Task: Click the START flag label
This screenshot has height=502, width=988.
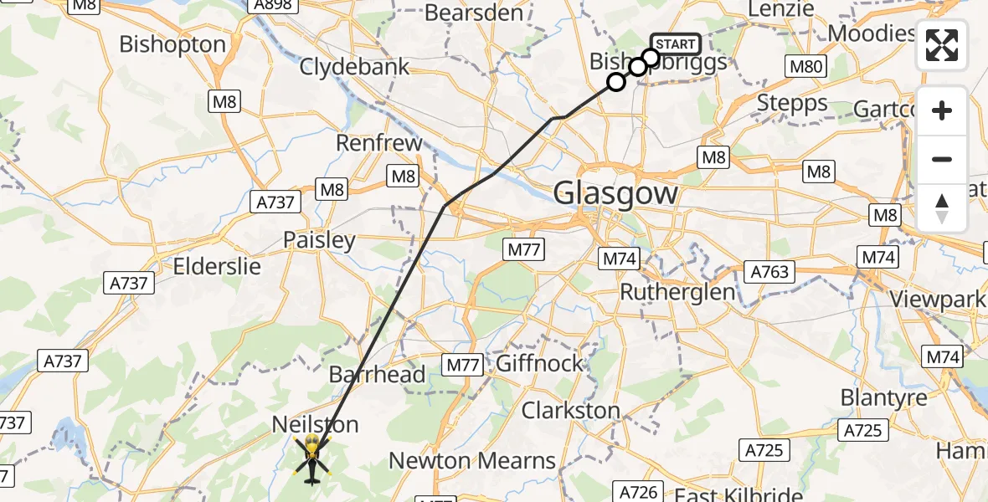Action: tap(675, 44)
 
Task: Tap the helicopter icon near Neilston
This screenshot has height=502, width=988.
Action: tap(311, 458)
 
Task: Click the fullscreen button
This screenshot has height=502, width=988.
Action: tap(942, 44)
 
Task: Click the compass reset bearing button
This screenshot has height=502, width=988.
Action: tap(942, 208)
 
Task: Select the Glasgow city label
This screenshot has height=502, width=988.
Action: tap(615, 194)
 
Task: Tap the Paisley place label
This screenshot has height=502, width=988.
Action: tap(319, 240)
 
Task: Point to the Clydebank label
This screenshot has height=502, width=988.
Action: tap(354, 66)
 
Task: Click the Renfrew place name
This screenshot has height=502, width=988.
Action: tap(379, 143)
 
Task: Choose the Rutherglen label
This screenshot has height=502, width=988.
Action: tap(677, 292)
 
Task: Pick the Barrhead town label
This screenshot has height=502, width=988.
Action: tap(378, 374)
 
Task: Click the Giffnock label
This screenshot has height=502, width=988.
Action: tap(539, 364)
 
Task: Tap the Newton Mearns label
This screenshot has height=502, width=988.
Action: tap(472, 460)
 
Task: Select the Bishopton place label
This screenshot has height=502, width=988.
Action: tap(172, 44)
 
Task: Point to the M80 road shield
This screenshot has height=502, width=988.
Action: tap(805, 67)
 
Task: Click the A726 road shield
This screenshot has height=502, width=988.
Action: tap(640, 491)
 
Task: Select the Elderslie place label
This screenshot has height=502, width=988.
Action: tap(217, 267)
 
